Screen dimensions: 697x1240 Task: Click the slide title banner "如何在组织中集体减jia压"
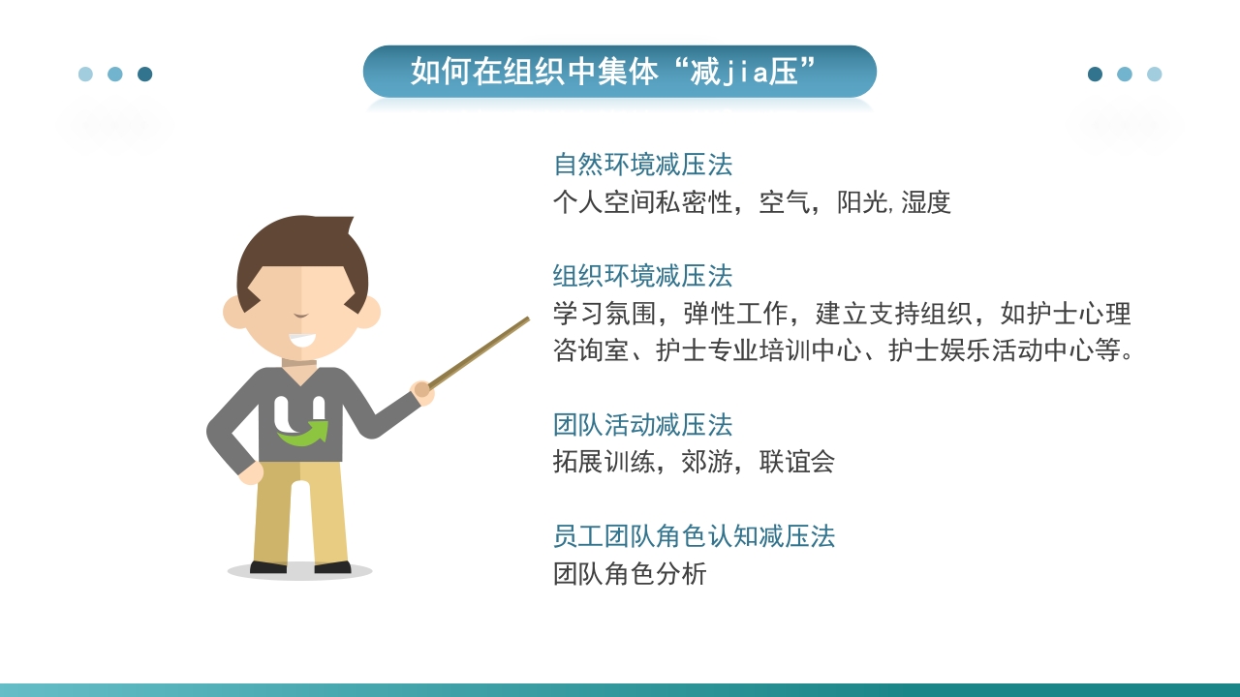point(619,72)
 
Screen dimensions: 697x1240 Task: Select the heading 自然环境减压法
point(642,165)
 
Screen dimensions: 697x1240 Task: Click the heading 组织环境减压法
point(642,276)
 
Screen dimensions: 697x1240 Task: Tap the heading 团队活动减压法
point(642,425)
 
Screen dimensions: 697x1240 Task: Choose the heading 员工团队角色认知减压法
point(694,536)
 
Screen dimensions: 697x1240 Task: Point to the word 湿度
point(926,202)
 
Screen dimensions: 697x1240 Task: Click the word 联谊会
point(797,462)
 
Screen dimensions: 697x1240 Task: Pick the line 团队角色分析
point(630,574)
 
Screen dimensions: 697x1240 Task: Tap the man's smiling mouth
point(301,341)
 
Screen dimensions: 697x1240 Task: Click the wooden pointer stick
point(480,352)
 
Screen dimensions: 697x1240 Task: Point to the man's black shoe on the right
point(332,567)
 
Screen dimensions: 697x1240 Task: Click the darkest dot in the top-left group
point(145,75)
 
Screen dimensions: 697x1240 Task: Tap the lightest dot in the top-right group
point(1154,75)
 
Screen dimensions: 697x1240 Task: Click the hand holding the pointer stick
point(421,391)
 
